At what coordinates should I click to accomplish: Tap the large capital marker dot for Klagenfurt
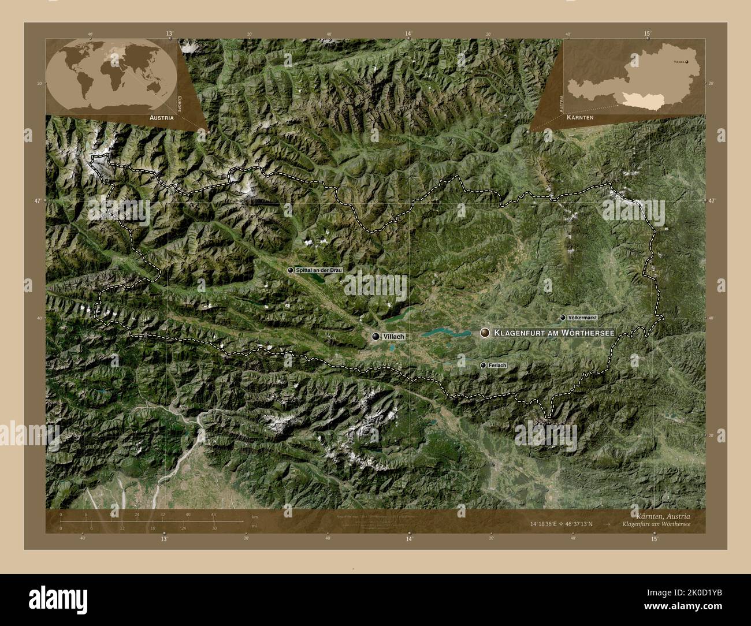coord(485,332)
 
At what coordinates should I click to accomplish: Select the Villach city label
coord(393,336)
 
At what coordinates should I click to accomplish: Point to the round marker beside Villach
coord(377,336)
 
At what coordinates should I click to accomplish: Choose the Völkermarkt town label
coord(582,318)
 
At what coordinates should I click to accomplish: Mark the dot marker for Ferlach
coord(483,365)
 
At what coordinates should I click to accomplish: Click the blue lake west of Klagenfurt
coord(446,332)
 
